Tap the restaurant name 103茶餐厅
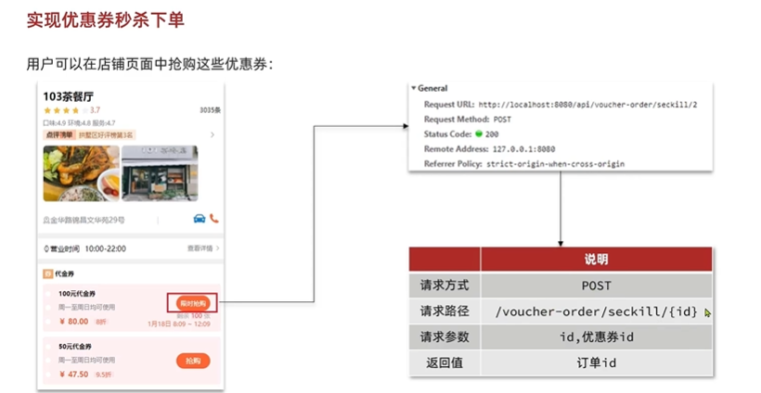[x=69, y=95]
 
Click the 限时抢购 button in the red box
[x=192, y=303]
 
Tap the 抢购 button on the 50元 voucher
[x=193, y=361]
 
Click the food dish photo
[x=81, y=173]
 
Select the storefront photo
[x=160, y=173]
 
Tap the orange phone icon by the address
[x=214, y=220]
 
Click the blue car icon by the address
[x=199, y=220]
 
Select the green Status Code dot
[x=479, y=134]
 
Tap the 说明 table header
[x=596, y=260]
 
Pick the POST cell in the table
[x=596, y=285]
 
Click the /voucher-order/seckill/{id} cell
[x=596, y=311]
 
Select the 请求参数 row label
[x=445, y=336]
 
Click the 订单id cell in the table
[x=596, y=362]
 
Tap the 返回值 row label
[x=445, y=362]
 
